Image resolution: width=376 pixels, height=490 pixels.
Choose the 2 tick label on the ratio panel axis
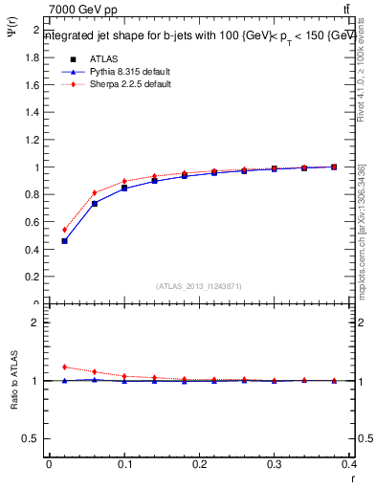tap(34, 323)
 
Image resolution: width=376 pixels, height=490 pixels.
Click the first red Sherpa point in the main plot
tap(64, 230)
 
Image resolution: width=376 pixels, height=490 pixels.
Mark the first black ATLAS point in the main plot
tap(64, 241)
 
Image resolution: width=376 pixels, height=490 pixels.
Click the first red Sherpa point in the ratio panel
tap(64, 367)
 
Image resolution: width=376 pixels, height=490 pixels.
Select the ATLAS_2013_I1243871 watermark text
tap(198, 286)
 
